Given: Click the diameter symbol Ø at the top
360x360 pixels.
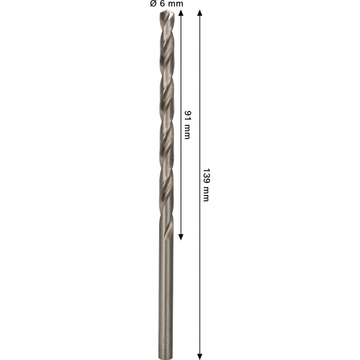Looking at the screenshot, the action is (x=153, y=4).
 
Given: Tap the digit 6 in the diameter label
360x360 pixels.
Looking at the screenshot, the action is (x=162, y=4).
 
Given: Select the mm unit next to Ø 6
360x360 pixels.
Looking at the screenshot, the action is (x=175, y=4).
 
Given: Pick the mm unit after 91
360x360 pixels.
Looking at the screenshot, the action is (x=188, y=131).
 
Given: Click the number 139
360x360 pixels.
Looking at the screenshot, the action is (x=206, y=176).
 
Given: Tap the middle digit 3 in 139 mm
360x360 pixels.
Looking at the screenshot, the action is (x=206, y=176).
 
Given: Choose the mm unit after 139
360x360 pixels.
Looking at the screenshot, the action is (x=206, y=194).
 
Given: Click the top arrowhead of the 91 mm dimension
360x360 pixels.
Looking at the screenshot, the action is (x=181, y=13).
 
